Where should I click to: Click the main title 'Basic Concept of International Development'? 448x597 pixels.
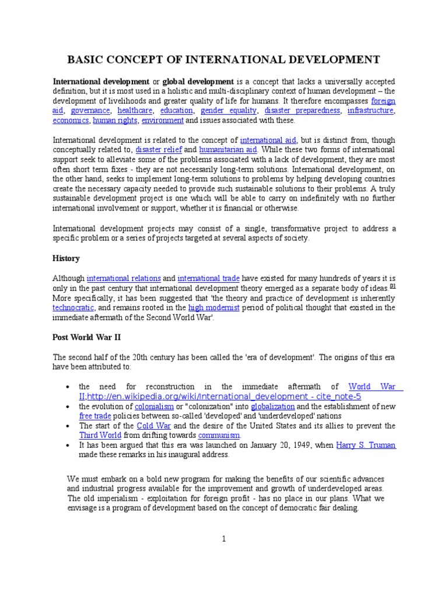[225, 59]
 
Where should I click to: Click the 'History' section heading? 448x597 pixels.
[66, 258]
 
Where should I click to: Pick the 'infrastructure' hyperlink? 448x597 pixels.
[370, 110]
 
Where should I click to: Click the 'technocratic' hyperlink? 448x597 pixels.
[72, 307]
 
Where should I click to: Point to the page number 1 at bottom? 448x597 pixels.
[224, 539]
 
